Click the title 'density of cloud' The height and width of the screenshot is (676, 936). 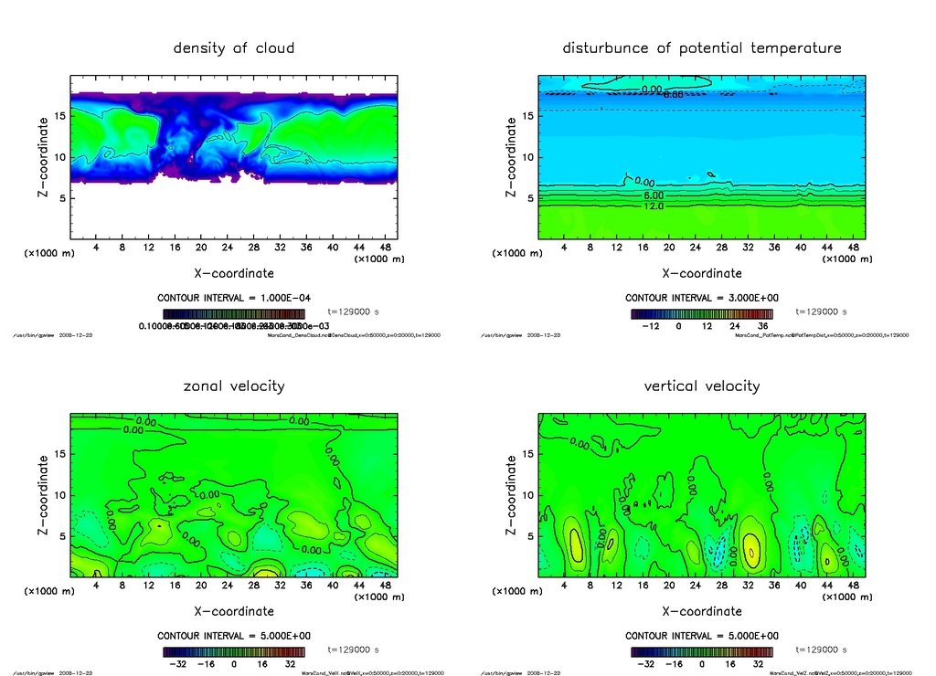click(234, 48)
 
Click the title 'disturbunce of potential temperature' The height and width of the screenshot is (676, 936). click(702, 48)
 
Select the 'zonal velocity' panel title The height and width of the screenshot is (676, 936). click(234, 386)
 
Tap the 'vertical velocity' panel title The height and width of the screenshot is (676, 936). click(702, 386)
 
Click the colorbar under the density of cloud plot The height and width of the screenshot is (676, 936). click(234, 313)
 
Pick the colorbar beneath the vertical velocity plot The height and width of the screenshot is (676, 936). click(702, 652)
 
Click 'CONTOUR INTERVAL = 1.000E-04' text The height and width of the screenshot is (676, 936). click(234, 299)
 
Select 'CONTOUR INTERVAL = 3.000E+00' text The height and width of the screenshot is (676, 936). click(702, 299)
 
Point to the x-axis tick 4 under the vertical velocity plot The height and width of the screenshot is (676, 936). click(563, 586)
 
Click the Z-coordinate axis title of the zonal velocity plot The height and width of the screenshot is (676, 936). click(43, 495)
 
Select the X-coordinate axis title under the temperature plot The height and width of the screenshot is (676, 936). click(702, 272)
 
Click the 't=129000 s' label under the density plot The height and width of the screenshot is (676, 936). click(353, 312)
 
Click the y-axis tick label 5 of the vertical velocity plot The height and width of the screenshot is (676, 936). click(526, 537)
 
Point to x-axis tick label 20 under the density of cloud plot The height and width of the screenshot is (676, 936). click(200, 248)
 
